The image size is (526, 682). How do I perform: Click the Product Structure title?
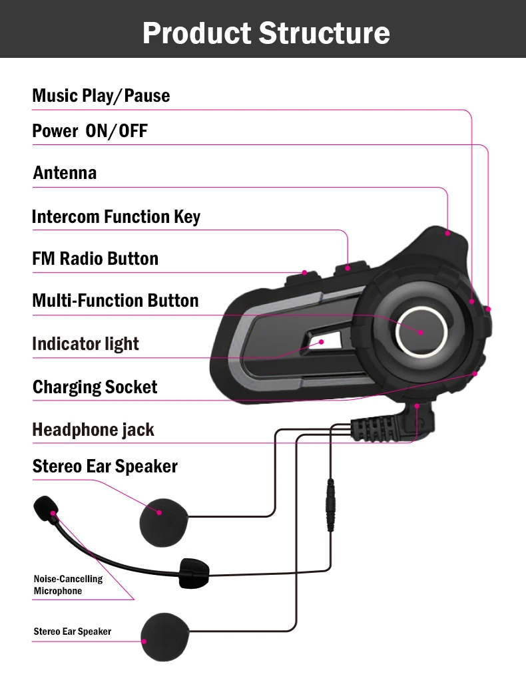(266, 33)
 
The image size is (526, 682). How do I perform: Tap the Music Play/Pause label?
(101, 96)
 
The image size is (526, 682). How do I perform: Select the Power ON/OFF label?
(90, 131)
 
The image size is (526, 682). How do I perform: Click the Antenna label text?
(65, 173)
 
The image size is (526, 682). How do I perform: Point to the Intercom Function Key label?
(116, 217)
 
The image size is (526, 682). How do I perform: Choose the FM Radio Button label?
(95, 259)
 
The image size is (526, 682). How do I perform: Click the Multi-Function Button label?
(115, 301)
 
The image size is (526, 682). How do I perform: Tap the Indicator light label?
(85, 344)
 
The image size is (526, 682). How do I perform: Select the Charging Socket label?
(95, 387)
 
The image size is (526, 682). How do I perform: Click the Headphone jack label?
(93, 430)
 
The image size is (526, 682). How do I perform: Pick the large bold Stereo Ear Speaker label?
(105, 466)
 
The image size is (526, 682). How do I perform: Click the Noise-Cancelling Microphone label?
(68, 585)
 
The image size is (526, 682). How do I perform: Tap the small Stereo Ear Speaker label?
(73, 631)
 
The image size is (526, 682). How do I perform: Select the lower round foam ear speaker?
(164, 637)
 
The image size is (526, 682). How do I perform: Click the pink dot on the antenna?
(448, 233)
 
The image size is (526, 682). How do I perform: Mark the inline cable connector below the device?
(330, 506)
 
